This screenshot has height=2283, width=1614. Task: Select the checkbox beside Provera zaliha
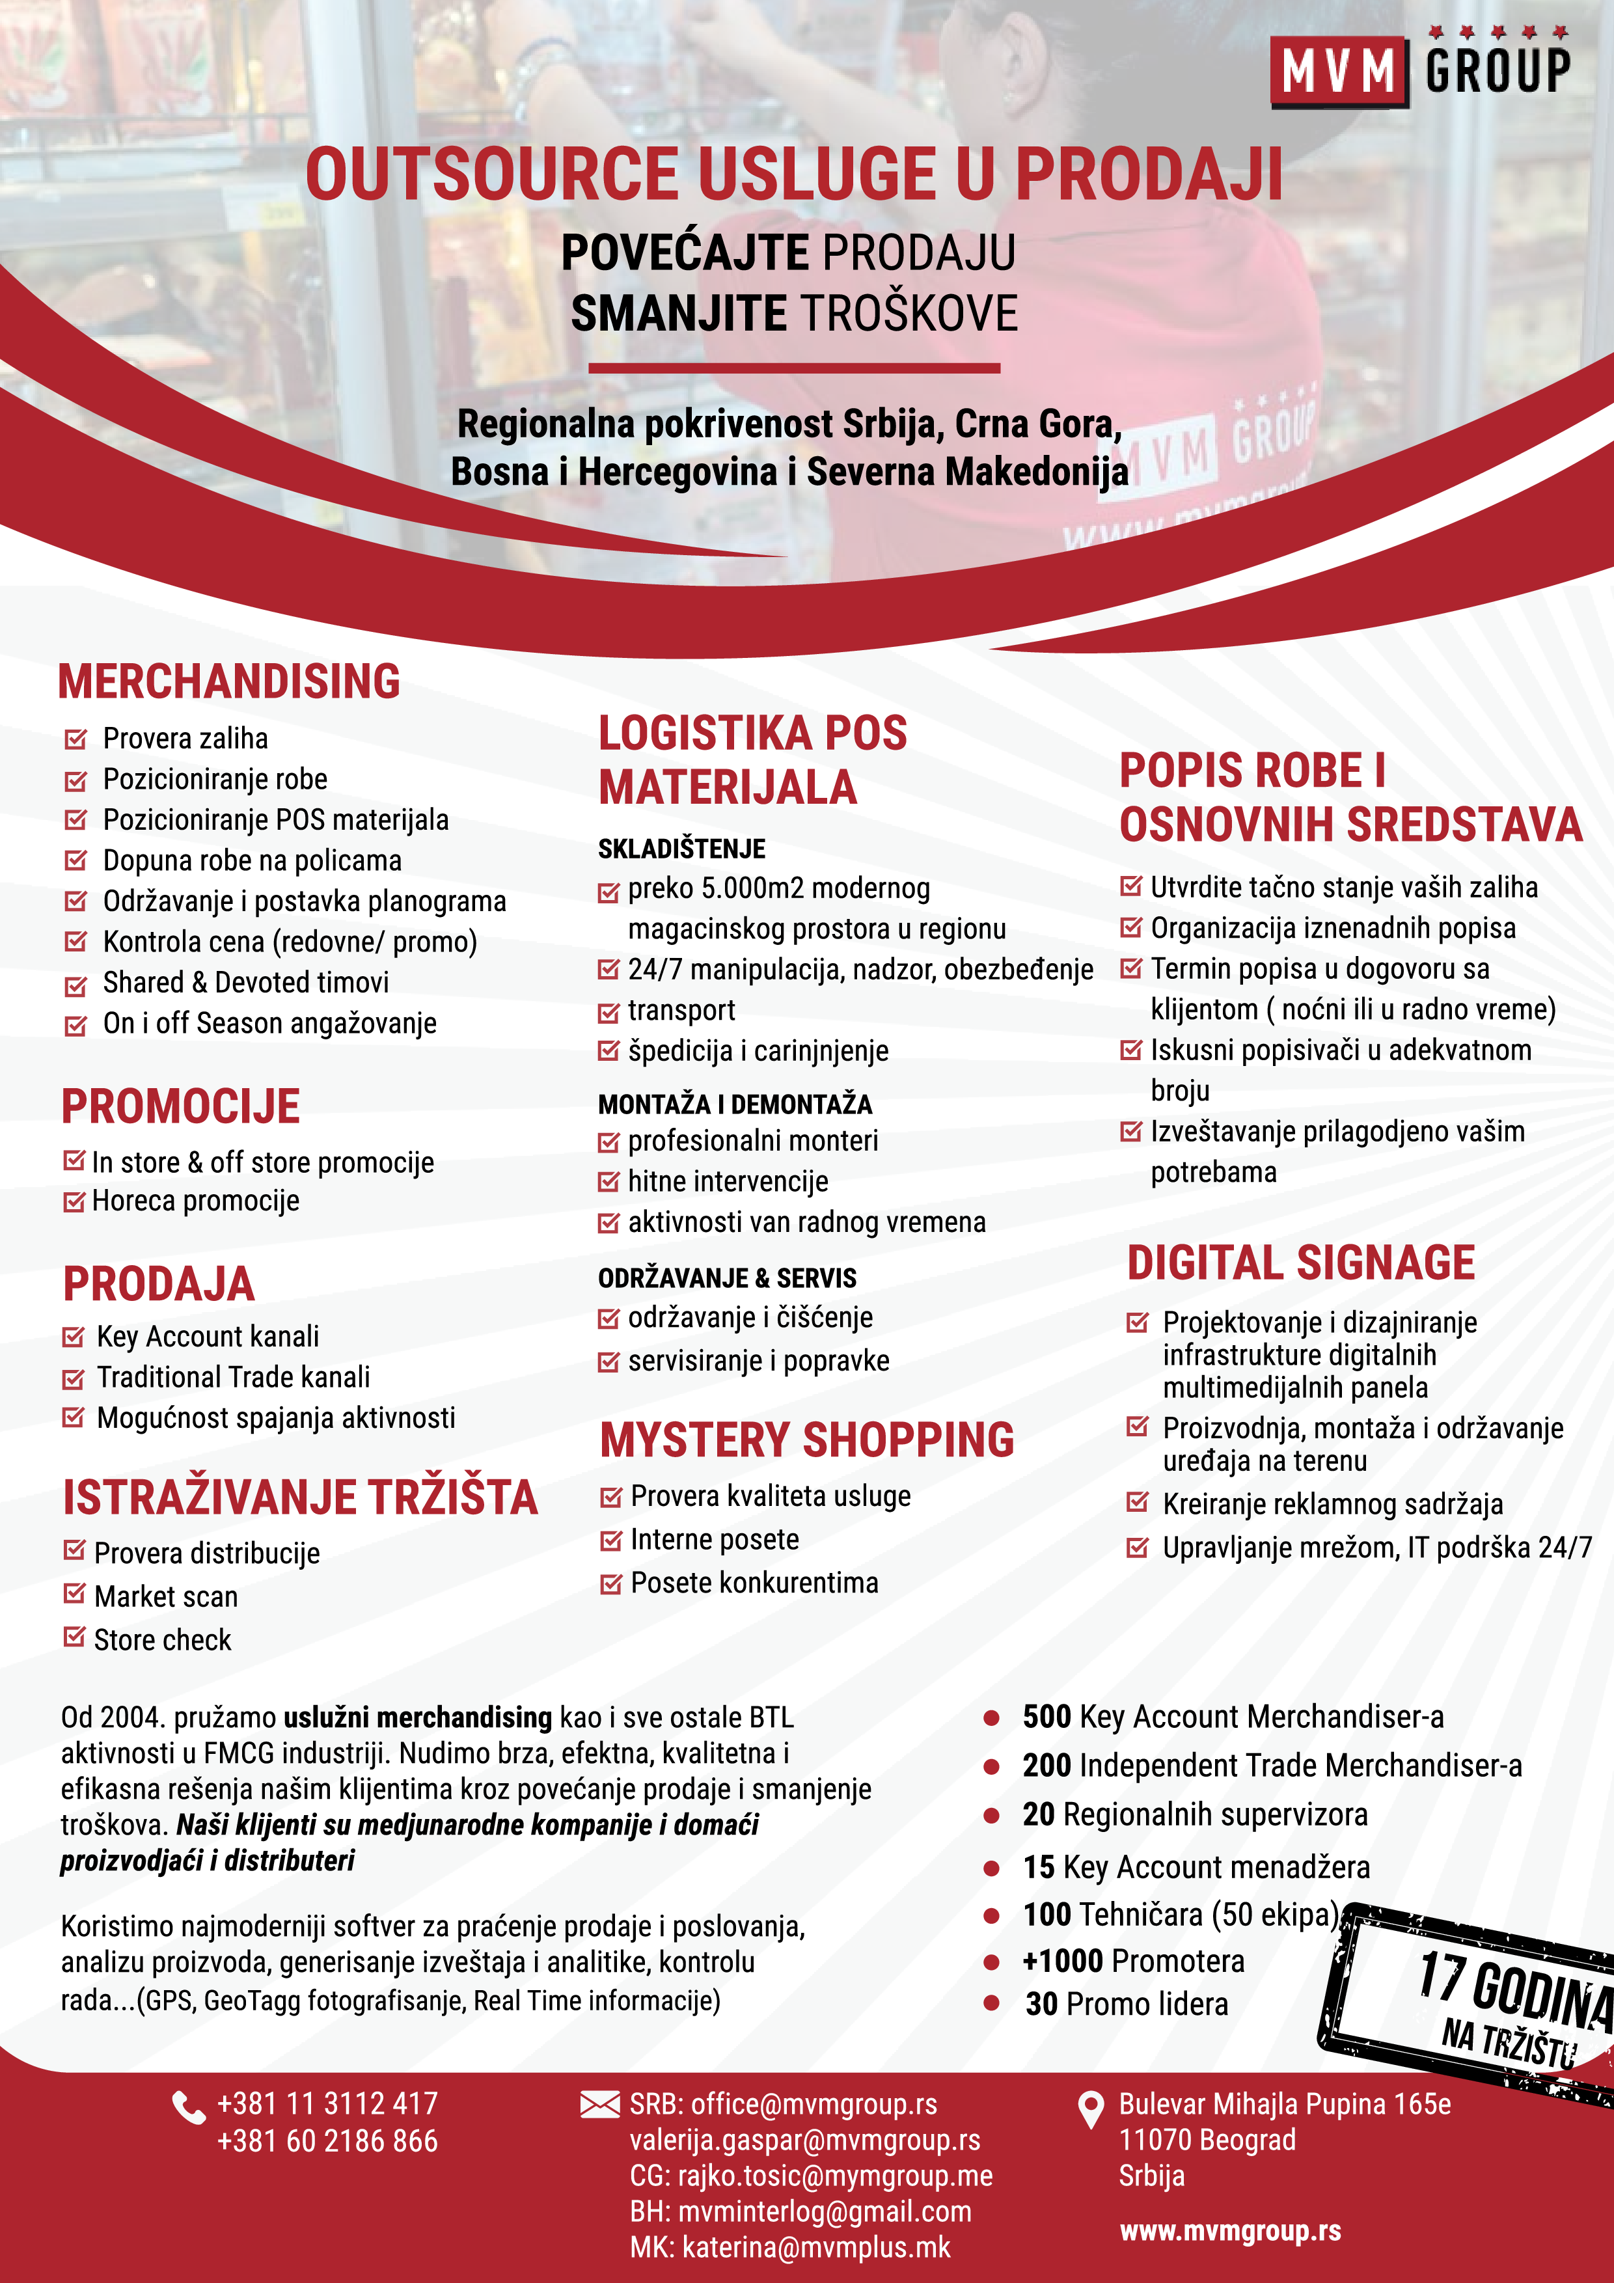(75, 739)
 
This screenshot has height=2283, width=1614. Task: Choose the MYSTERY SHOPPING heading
(806, 1440)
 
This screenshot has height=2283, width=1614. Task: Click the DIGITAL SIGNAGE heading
(1301, 1263)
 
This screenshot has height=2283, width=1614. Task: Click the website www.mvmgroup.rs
(1230, 2232)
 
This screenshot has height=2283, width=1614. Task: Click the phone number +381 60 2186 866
(327, 2141)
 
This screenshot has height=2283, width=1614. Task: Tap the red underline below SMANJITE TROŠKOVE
(793, 368)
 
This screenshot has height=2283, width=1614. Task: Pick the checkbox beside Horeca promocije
(74, 1202)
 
